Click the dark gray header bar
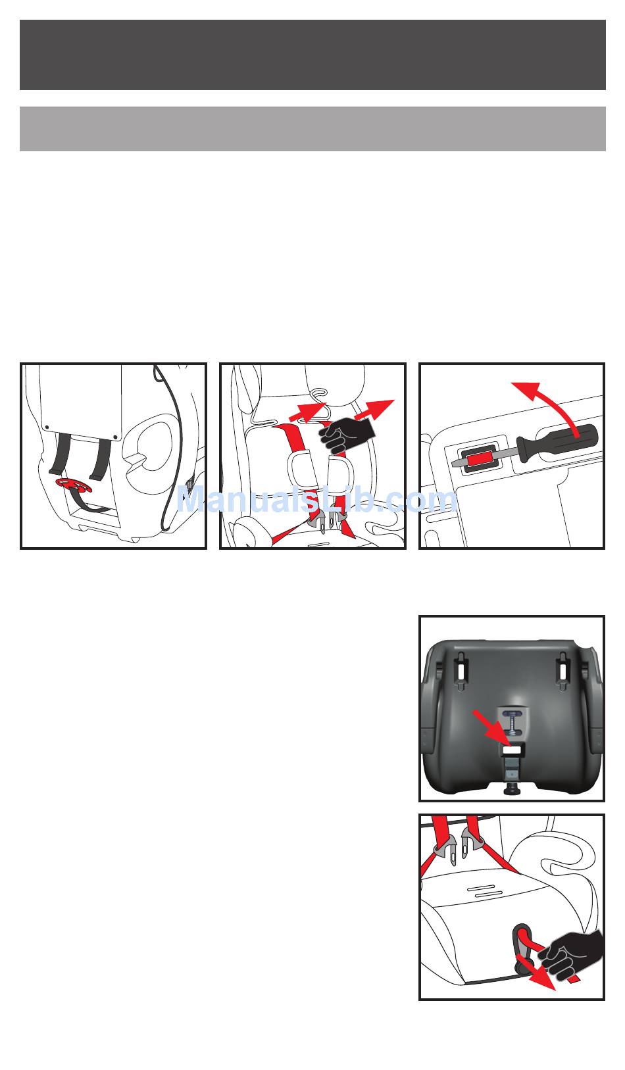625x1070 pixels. point(312,55)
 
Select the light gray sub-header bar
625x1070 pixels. point(312,129)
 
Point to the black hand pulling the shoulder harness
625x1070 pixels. point(347,435)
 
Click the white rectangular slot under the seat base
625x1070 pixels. point(512,750)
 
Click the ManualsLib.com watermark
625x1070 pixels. point(317,500)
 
